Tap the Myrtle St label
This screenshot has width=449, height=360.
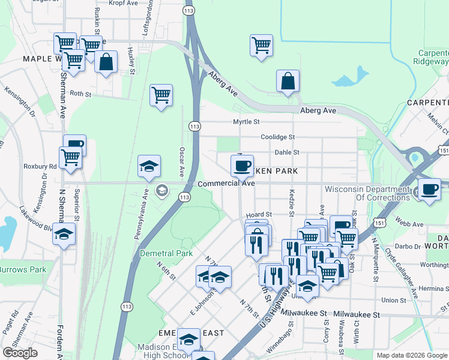[246, 122]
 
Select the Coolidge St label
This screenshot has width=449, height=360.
[277, 137]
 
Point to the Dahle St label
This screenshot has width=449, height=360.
[286, 152]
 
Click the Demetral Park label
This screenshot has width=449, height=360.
[166, 253]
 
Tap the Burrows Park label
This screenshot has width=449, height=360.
[23, 269]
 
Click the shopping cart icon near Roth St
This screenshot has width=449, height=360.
[161, 95]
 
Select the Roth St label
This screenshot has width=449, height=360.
[80, 94]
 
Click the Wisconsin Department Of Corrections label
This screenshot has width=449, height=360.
[367, 193]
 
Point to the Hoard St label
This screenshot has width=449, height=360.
[260, 214]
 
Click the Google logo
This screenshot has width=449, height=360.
[20, 352]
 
